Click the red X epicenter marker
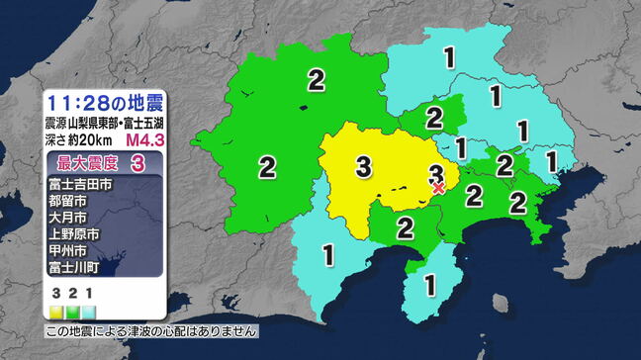(x=438, y=186)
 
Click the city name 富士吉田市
(x=78, y=184)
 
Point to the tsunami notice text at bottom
(x=151, y=330)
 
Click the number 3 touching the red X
(x=434, y=173)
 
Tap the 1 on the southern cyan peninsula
(x=429, y=285)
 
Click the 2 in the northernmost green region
(x=317, y=80)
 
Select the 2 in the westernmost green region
(x=266, y=165)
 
